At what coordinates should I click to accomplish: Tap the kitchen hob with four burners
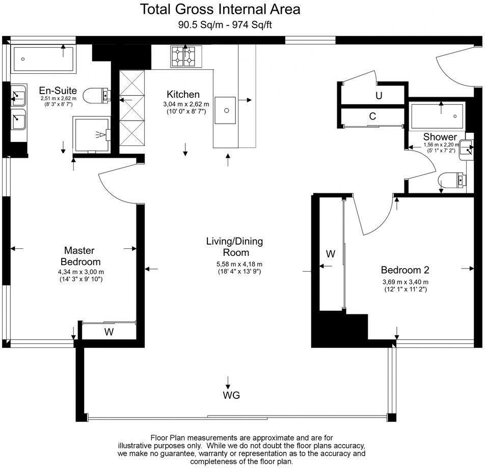(185, 56)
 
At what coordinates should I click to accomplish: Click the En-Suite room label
(58, 91)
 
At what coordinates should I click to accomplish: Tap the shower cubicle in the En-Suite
(92, 134)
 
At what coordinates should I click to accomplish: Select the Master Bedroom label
(81, 256)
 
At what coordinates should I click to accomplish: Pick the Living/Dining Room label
(234, 247)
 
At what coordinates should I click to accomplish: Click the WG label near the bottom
(231, 395)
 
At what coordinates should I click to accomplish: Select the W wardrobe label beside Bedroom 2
(330, 253)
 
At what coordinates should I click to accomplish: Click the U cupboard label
(379, 96)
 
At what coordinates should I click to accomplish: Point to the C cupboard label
(372, 116)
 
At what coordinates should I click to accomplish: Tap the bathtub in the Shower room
(437, 116)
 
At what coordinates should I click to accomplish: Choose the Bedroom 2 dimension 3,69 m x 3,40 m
(405, 282)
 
